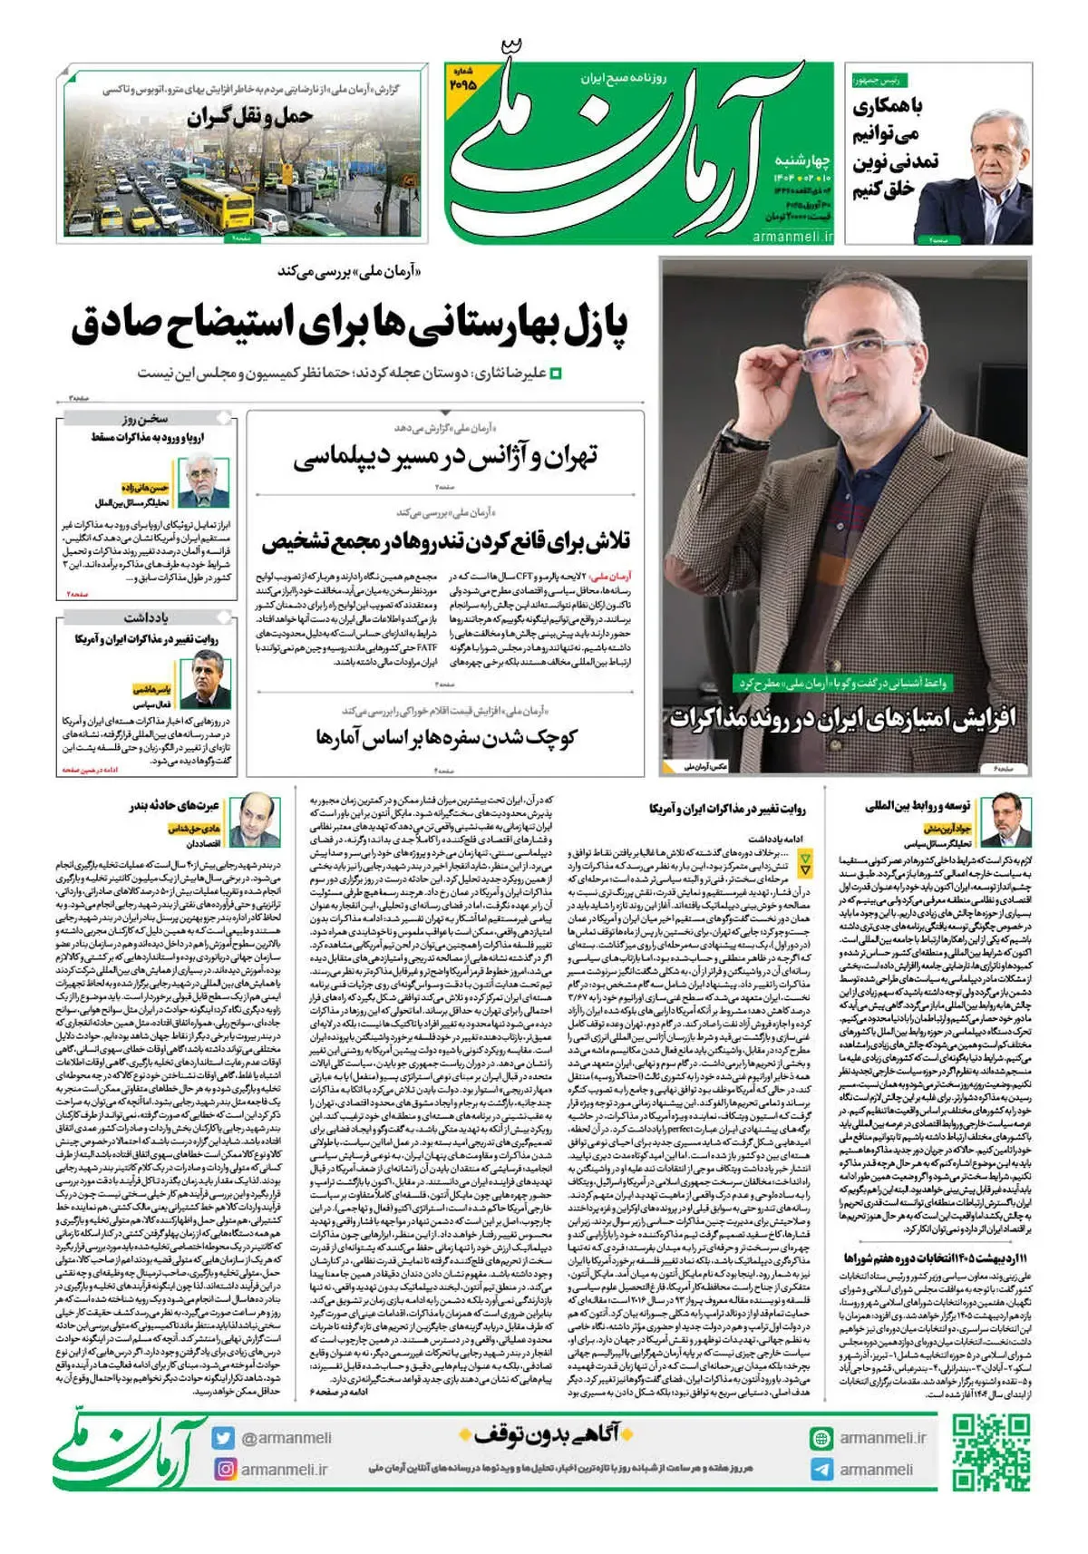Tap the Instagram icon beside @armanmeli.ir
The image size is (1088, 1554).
click(x=225, y=1469)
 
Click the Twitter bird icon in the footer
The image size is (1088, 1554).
click(x=224, y=1438)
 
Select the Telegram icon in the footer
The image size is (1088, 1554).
click(x=821, y=1470)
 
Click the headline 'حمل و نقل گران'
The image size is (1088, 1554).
click(x=250, y=117)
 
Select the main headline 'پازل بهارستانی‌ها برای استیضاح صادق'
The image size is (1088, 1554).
click(x=350, y=325)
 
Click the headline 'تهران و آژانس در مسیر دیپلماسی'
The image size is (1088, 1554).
click(x=445, y=458)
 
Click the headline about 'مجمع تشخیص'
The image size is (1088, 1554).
click(x=445, y=542)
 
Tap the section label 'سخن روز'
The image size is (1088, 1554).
click(x=146, y=419)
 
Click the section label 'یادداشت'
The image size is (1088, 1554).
click(x=146, y=617)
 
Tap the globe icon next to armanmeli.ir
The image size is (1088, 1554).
click(x=821, y=1438)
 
